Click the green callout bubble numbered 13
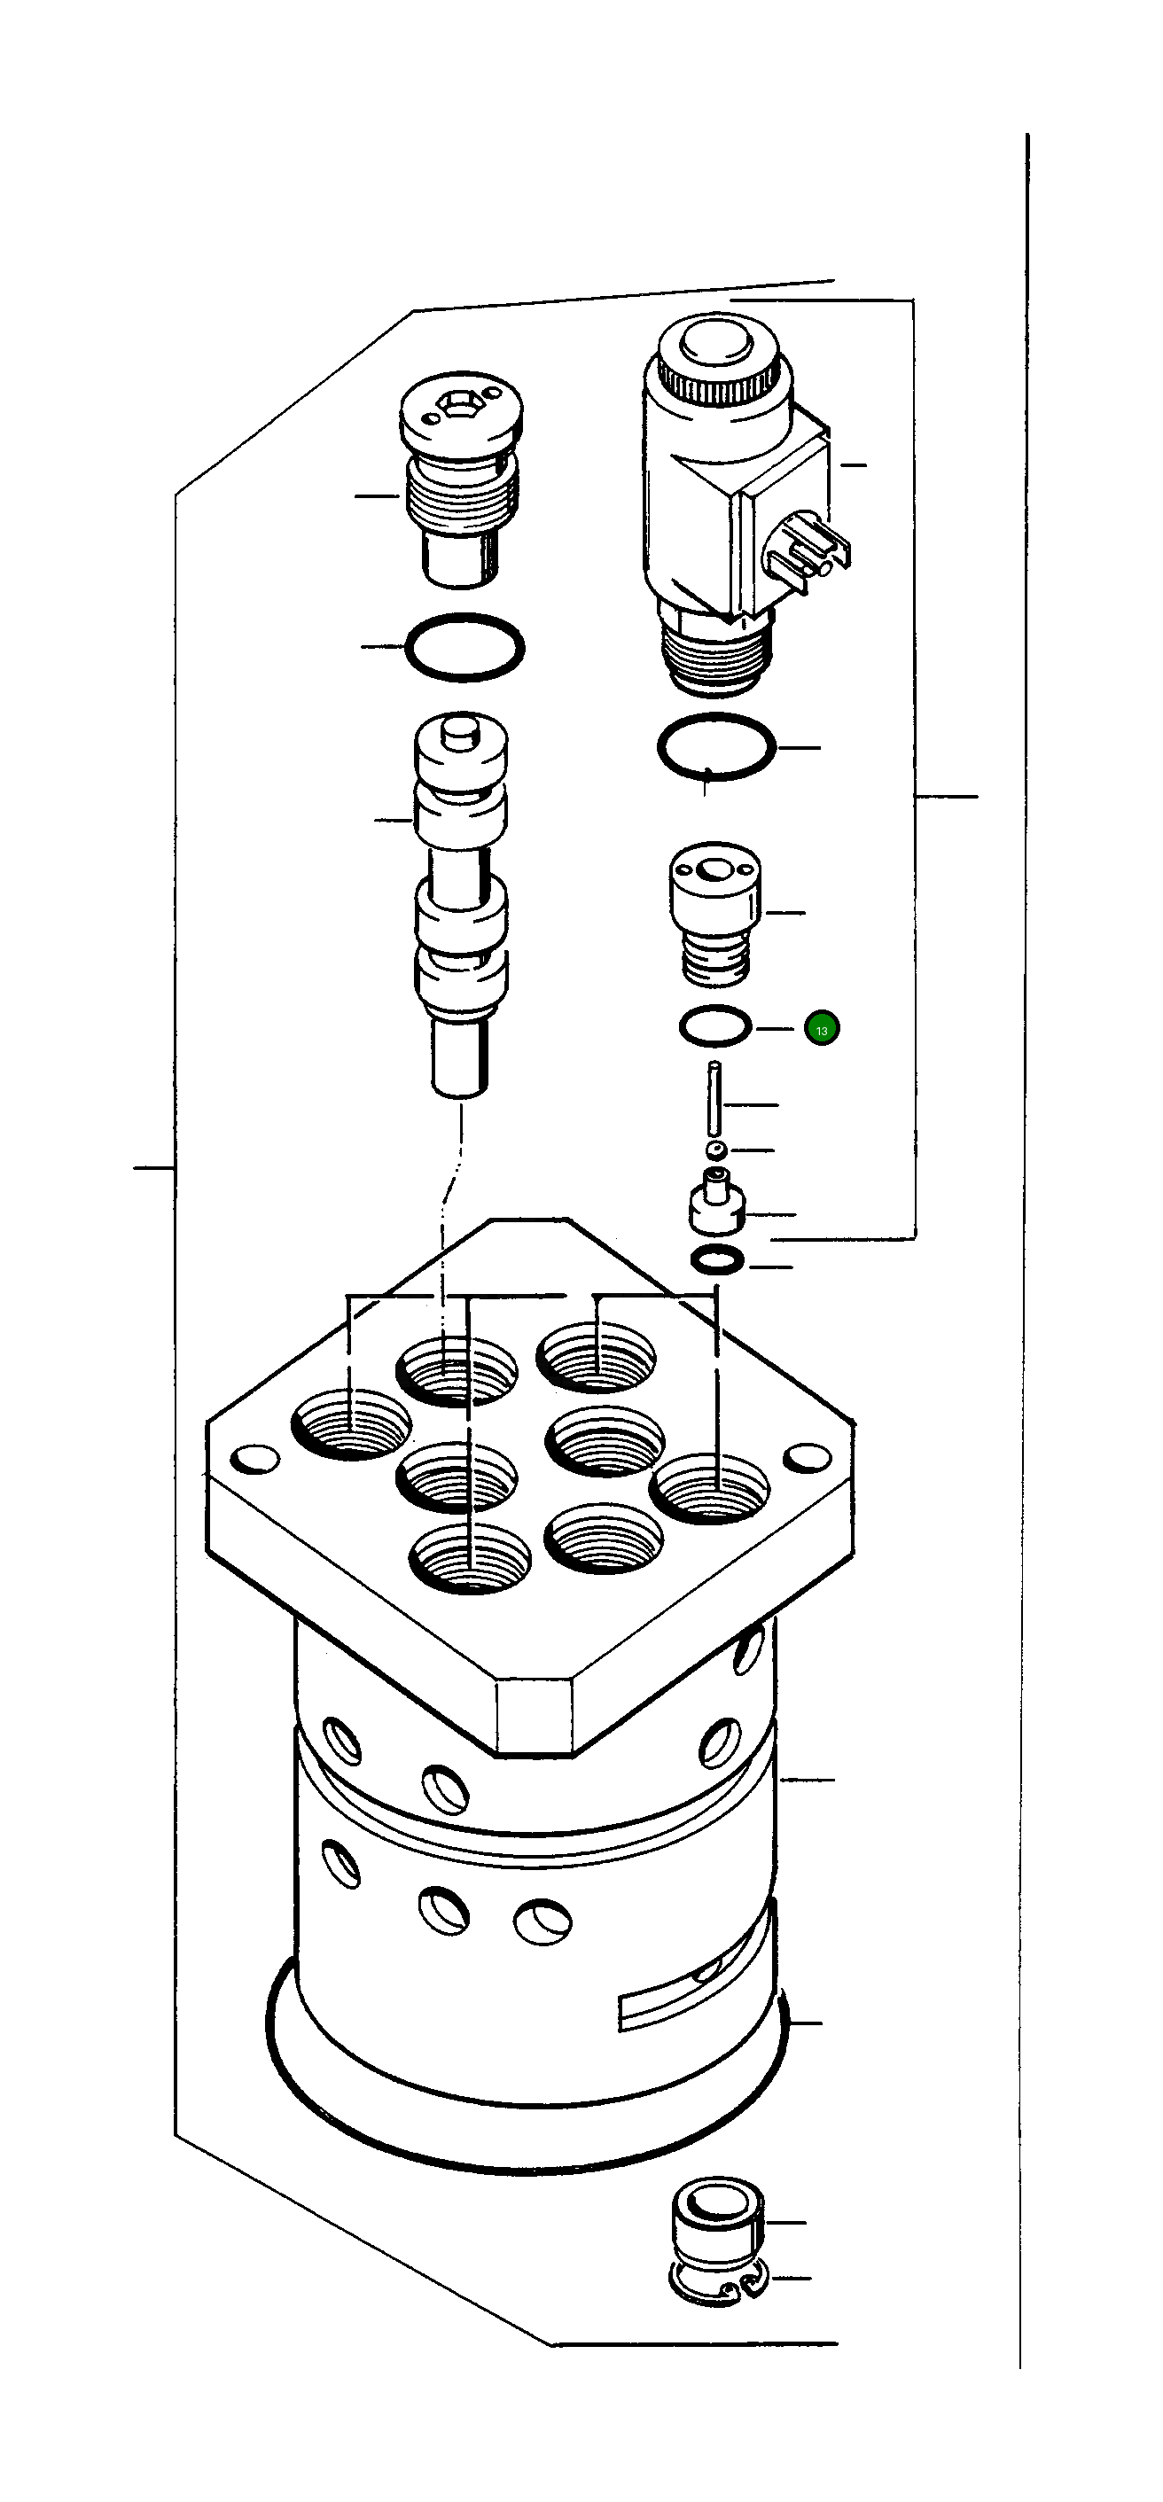pos(821,1029)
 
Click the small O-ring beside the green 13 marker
pos(715,1026)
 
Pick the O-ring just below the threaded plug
pos(464,648)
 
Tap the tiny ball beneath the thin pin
pos(717,1150)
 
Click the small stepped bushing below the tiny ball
pos(717,1204)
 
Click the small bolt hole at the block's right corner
pos(806,1457)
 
